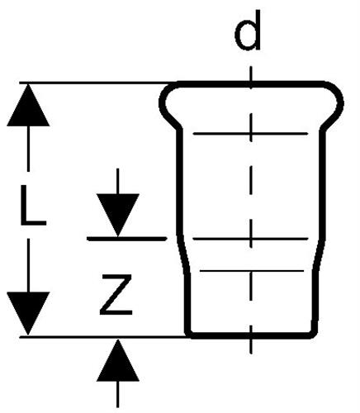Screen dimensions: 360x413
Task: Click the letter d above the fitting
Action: (x=248, y=31)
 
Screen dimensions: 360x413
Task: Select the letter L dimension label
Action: (x=33, y=205)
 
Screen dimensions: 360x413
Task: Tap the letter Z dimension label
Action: (x=116, y=295)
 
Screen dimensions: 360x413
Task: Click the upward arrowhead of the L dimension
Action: (x=28, y=105)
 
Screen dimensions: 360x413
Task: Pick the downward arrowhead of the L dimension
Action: (x=28, y=313)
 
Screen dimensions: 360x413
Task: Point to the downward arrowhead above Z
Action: (x=118, y=215)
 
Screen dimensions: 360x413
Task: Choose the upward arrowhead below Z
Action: (x=118, y=361)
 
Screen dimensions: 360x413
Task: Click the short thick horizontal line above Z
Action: (x=126, y=239)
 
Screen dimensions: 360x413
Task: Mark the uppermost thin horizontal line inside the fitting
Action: (x=250, y=134)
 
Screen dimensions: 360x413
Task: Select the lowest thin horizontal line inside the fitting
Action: (x=252, y=271)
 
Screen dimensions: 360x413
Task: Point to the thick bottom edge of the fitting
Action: (x=252, y=335)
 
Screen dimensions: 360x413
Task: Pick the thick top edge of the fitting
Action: (x=251, y=84)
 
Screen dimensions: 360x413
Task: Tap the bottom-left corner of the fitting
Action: (x=189, y=335)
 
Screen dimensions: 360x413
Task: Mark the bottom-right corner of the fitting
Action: (x=315, y=334)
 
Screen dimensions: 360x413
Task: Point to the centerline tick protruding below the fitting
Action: (x=251, y=346)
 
